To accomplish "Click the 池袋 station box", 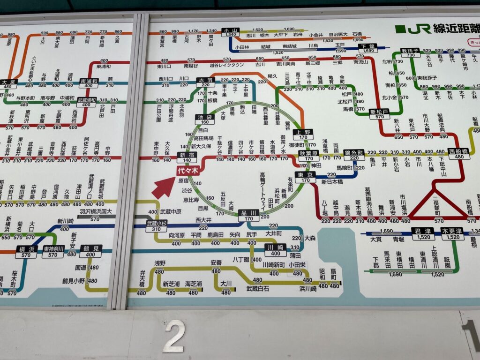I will [205, 120].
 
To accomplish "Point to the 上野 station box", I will [303, 135].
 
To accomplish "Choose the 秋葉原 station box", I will [308, 156].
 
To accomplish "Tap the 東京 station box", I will [306, 177].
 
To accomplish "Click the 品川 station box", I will [248, 216].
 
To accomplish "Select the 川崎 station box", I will [275, 250].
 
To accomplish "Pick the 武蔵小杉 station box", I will [157, 225].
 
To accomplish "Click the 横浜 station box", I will [26, 252].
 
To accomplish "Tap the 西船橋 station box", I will [459, 154].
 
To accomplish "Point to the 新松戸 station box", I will [379, 114].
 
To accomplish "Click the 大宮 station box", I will [9, 85].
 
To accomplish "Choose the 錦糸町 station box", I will [354, 155].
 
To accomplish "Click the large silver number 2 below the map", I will [173, 336].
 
